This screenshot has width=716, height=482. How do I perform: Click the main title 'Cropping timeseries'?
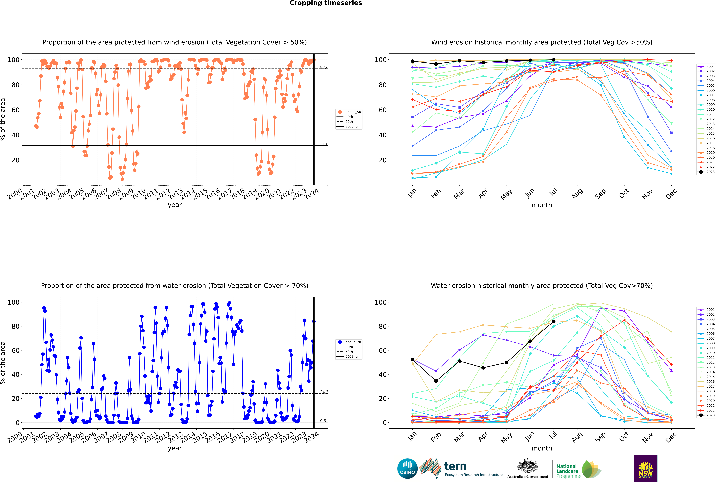[x=326, y=3]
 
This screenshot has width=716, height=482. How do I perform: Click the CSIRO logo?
[x=407, y=468]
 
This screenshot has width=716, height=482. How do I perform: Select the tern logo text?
[x=455, y=466]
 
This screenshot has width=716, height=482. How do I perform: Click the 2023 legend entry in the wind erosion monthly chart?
[x=706, y=172]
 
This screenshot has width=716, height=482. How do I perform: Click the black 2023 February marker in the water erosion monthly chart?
[x=436, y=381]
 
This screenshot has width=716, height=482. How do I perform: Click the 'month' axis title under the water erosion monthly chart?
[x=542, y=449]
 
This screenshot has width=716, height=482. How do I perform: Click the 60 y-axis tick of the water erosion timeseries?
[x=15, y=350]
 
